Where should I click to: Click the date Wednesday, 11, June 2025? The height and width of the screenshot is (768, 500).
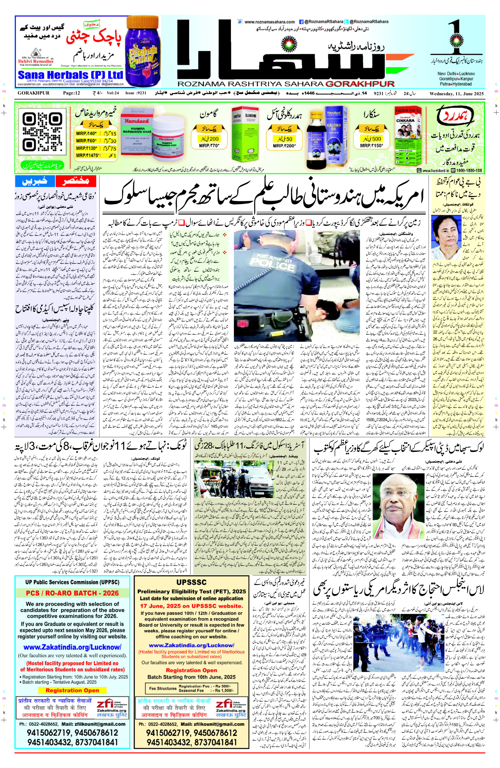pos(457,94)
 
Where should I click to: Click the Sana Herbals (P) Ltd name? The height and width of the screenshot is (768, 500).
pos(70,75)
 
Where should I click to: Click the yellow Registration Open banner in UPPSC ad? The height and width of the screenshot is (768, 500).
pos(72,690)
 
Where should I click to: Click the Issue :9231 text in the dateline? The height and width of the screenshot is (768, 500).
pos(136,93)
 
